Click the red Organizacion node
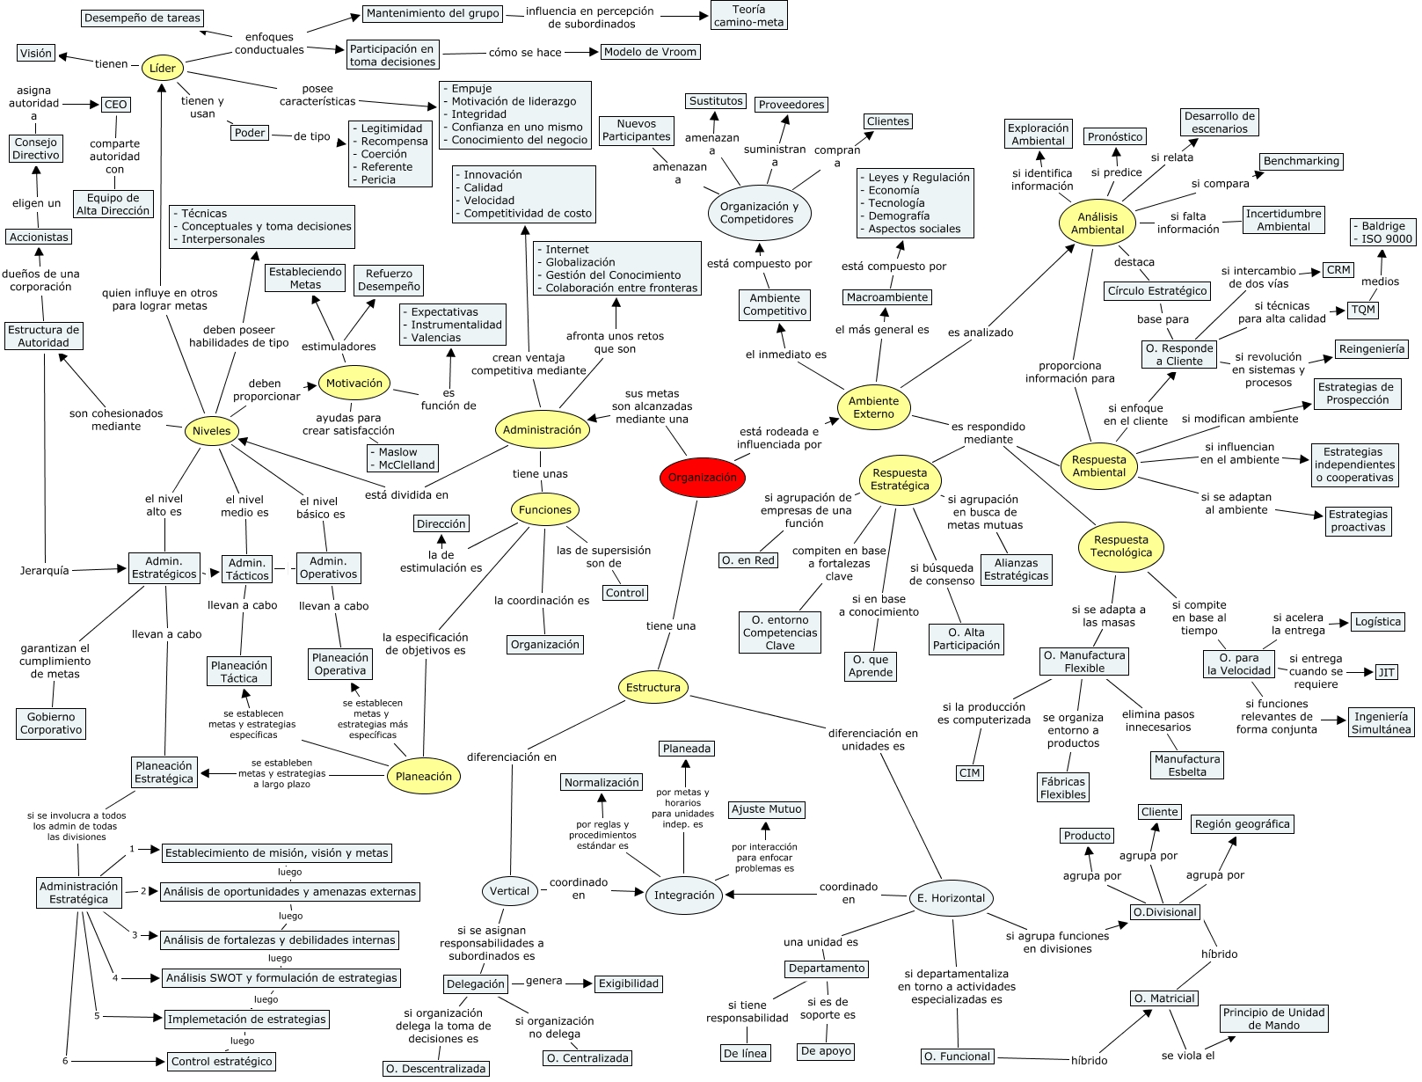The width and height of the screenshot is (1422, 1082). click(703, 477)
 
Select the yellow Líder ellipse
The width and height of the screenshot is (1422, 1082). click(163, 68)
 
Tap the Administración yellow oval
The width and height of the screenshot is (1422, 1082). click(542, 430)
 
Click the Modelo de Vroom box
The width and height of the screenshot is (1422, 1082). click(651, 52)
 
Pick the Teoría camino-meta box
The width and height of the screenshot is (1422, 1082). click(748, 16)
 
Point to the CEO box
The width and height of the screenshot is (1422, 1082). click(115, 105)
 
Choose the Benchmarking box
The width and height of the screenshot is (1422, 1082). click(1301, 161)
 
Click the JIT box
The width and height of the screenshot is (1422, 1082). click(1386, 672)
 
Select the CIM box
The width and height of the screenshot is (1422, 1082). click(969, 773)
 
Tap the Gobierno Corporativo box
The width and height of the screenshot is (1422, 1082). click(51, 723)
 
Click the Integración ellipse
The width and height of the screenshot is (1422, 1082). click(684, 896)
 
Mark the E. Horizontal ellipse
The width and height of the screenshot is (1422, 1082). click(951, 897)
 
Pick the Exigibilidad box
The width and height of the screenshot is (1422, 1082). click(629, 983)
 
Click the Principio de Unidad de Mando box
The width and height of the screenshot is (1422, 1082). click(1273, 1019)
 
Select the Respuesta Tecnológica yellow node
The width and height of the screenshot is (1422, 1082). click(1120, 546)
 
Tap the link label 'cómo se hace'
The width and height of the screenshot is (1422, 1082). click(525, 53)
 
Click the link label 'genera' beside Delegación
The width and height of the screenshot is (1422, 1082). click(543, 981)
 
